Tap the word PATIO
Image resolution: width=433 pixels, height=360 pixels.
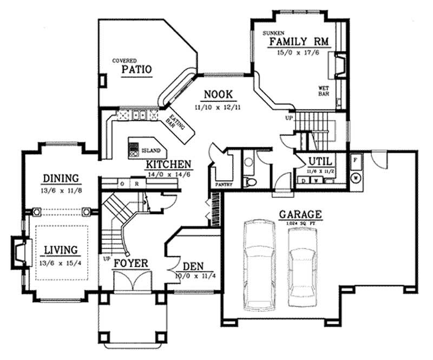[x=135, y=70]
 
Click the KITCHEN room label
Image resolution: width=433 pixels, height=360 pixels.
[x=168, y=165]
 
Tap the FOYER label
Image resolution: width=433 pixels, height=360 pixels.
[x=131, y=263]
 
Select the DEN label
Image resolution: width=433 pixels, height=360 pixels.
[x=193, y=266]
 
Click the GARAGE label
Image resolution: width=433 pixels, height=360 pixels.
[x=300, y=214]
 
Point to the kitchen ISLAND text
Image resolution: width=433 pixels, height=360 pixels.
[x=150, y=150]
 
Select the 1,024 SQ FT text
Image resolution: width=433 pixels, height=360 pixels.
[x=301, y=223]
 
